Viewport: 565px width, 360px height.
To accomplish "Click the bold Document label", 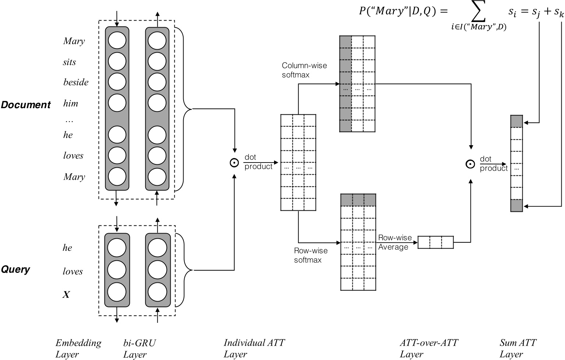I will point(26,105).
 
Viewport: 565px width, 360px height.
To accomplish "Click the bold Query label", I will point(15,270).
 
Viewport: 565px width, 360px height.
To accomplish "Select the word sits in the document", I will point(69,62).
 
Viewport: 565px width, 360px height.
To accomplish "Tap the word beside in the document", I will point(76,82).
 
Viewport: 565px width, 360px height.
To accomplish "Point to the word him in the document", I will point(71,103).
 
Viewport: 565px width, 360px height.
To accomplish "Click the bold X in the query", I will point(66,295).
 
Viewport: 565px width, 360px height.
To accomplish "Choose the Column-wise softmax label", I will point(304,70).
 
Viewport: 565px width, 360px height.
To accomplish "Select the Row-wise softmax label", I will point(310,255).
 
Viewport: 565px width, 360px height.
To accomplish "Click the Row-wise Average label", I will point(395,242).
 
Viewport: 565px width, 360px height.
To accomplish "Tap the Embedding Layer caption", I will point(78,348).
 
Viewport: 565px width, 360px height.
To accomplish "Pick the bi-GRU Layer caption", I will point(139,348).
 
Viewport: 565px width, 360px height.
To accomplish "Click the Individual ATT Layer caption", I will point(254,348).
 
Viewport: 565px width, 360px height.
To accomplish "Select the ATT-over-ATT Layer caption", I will point(429,348).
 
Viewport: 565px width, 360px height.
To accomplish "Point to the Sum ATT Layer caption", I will point(518,348).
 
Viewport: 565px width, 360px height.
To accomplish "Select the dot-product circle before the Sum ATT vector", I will point(470,164).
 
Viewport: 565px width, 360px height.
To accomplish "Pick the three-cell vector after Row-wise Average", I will point(436,242).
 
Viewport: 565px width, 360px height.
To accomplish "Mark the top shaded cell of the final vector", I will point(516,121).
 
